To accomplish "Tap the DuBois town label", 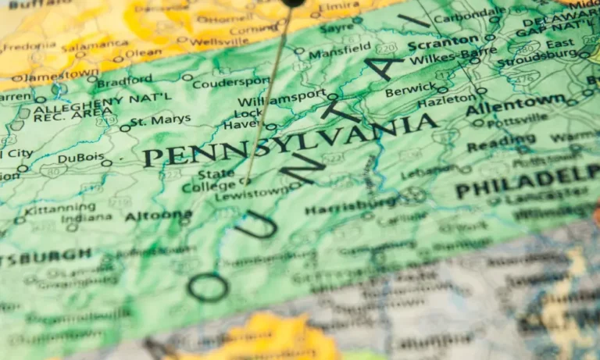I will coord(80,158).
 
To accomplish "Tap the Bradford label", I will coord(124,80).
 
